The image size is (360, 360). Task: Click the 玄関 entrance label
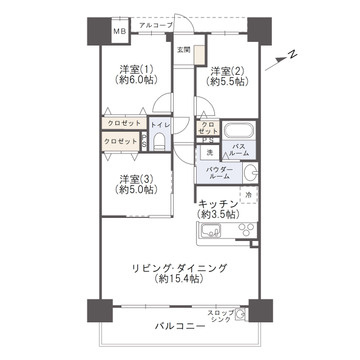pos(183,49)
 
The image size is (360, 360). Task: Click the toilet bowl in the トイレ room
pos(160,143)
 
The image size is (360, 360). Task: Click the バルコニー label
pos(179,326)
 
